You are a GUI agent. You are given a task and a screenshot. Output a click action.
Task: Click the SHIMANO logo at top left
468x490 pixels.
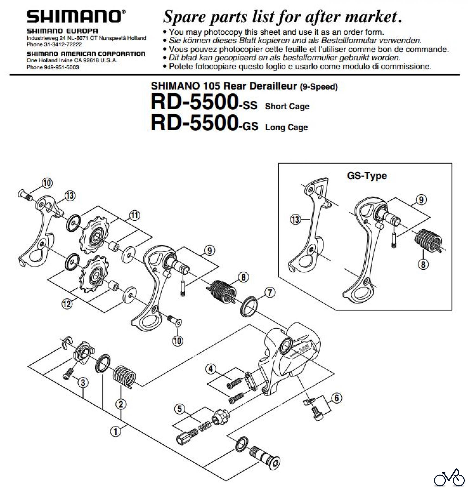76,17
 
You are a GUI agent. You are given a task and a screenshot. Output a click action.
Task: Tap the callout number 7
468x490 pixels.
270,293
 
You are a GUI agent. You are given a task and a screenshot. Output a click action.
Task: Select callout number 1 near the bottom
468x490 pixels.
116,431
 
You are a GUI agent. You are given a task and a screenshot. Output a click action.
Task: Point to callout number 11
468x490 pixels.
134,215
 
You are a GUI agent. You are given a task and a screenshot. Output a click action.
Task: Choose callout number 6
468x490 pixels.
337,398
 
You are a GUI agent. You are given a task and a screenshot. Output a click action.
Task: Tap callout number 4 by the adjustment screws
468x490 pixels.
211,369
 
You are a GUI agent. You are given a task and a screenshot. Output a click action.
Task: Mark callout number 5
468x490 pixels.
180,409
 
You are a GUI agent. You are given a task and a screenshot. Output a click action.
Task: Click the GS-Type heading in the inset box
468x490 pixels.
367,176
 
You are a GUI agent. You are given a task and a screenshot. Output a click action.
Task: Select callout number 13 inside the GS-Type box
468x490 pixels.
295,219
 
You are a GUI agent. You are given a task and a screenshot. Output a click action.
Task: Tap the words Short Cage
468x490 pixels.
287,106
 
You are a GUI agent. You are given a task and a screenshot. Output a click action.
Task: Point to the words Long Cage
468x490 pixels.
287,127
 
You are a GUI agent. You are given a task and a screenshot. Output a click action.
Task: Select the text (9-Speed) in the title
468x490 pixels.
319,87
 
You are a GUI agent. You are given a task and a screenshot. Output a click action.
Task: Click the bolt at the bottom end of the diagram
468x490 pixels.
265,457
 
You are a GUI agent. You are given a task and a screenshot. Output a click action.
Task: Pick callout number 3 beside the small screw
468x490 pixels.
83,382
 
